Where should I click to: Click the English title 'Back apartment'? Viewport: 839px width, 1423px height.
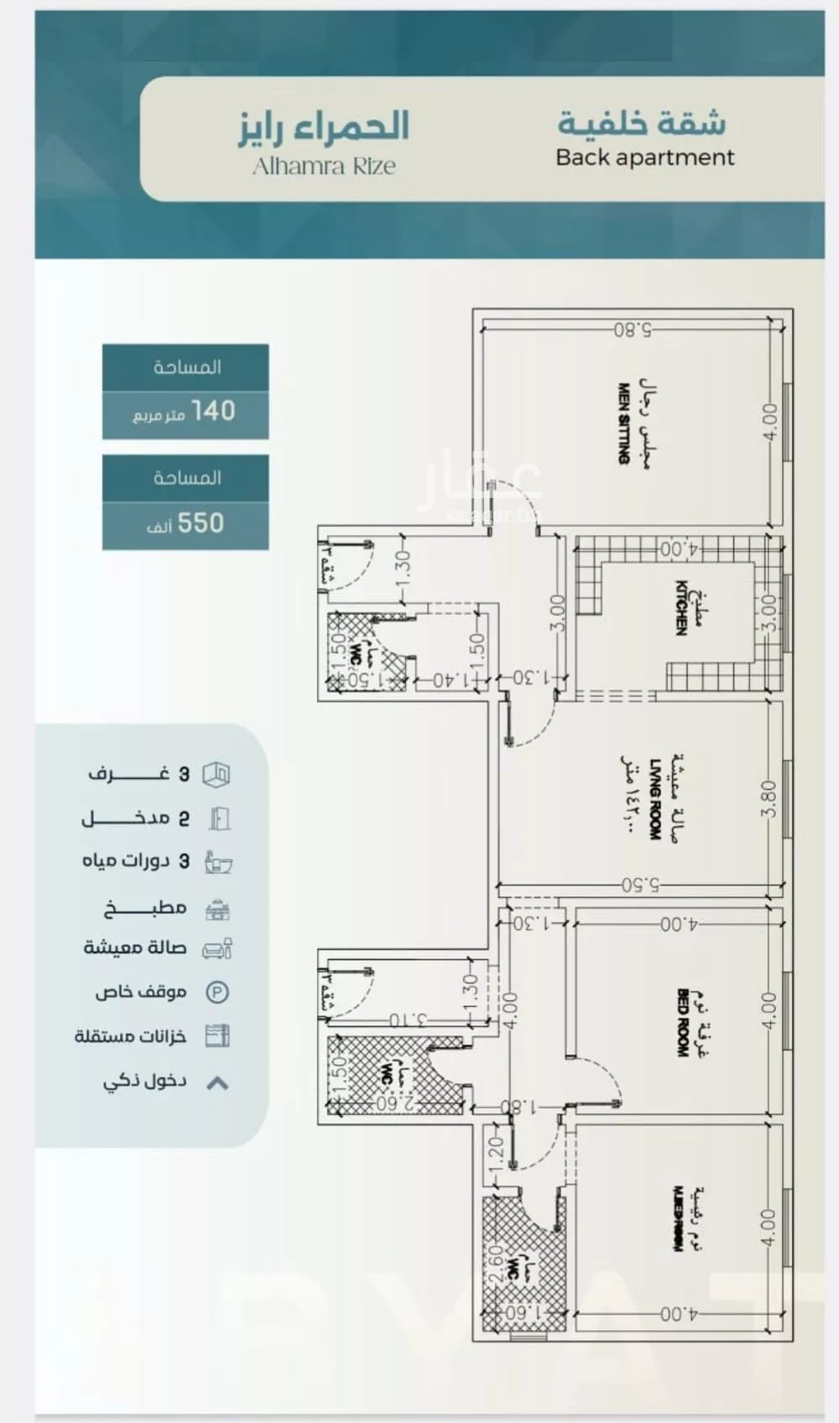pyautogui.click(x=644, y=158)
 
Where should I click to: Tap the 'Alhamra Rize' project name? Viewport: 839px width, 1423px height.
pyautogui.click(x=324, y=166)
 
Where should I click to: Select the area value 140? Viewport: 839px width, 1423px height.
pyautogui.click(x=213, y=411)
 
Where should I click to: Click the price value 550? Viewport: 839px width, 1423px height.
pyautogui.click(x=201, y=523)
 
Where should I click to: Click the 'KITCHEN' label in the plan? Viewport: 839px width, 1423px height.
pyautogui.click(x=682, y=607)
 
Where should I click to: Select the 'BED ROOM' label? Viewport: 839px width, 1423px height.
pyautogui.click(x=682, y=1022)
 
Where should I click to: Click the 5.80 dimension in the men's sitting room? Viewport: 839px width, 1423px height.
pyautogui.click(x=633, y=330)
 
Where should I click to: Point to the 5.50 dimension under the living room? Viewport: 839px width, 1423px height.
pyautogui.click(x=641, y=884)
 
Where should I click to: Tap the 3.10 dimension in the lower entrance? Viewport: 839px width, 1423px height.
pyautogui.click(x=408, y=1021)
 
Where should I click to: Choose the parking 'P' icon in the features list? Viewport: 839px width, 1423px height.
pyautogui.click(x=217, y=993)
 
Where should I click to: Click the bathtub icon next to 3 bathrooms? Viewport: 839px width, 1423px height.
pyautogui.click(x=218, y=863)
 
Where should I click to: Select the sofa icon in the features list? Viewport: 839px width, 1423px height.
pyautogui.click(x=218, y=949)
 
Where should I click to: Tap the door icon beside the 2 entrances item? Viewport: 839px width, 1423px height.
pyautogui.click(x=219, y=818)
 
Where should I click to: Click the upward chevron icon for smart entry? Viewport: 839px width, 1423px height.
pyautogui.click(x=217, y=1083)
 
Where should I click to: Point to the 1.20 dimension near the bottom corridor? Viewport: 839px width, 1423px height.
pyautogui.click(x=495, y=1155)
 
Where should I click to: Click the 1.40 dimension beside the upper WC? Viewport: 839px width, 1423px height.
pyautogui.click(x=450, y=679)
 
